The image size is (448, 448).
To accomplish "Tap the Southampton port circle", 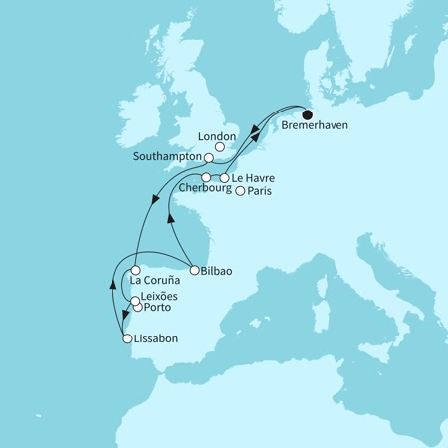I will coord(209,157).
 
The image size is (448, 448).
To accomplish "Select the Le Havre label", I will coord(253,178).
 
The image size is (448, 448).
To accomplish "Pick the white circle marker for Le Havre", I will coord(224,178).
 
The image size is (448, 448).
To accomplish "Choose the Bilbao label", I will coord(218,269).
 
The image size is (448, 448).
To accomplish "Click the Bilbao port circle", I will coord(191,269).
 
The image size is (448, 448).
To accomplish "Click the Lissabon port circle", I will coord(127,339).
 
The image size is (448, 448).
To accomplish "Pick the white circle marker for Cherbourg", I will coord(206,178).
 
